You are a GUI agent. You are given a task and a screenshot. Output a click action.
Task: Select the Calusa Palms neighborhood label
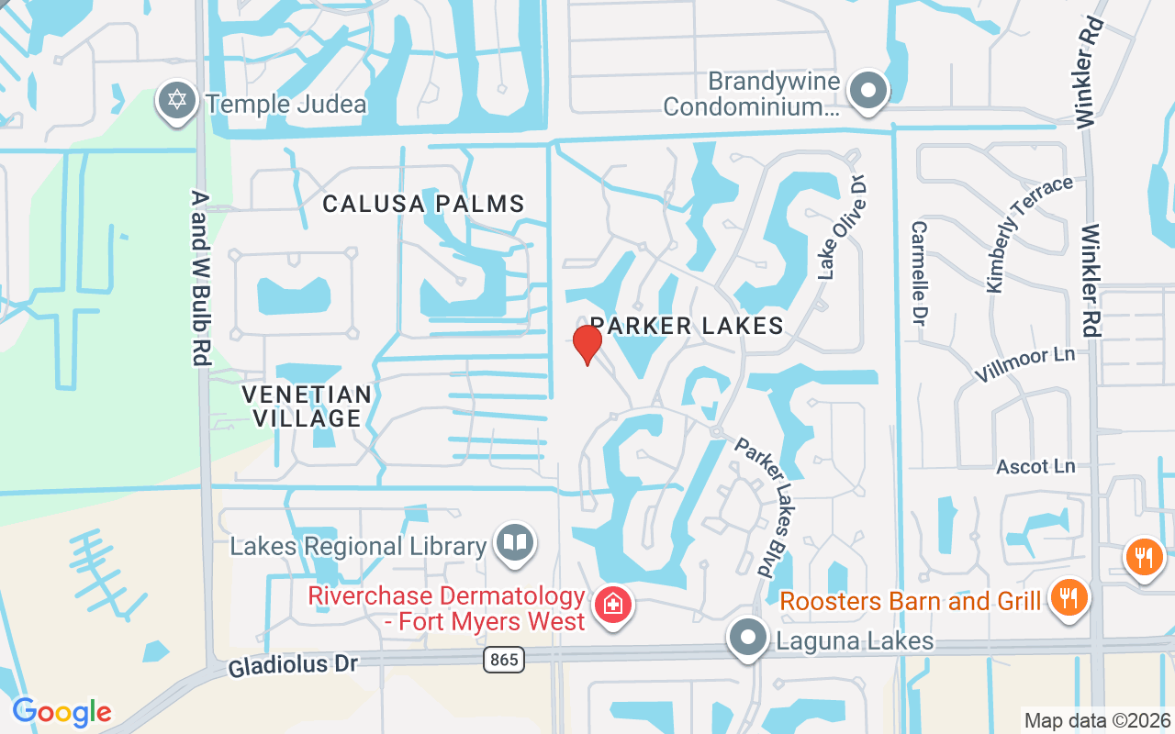click(423, 204)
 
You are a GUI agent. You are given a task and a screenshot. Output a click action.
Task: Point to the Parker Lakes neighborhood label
click(687, 325)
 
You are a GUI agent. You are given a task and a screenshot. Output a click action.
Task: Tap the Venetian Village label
click(307, 406)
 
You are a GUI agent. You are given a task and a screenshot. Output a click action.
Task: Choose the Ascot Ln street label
click(1035, 466)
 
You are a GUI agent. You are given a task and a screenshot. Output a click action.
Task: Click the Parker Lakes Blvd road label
click(765, 506)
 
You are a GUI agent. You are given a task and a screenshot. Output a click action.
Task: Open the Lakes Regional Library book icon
click(515, 543)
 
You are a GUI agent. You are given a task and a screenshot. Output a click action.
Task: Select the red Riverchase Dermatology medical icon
click(610, 606)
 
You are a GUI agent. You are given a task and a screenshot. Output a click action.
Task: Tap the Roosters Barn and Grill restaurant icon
click(1067, 597)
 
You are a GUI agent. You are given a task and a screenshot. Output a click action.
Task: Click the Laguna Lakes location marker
click(747, 637)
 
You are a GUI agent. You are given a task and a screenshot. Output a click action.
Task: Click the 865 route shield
click(503, 659)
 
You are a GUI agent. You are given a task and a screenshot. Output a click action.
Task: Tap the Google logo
click(62, 712)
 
